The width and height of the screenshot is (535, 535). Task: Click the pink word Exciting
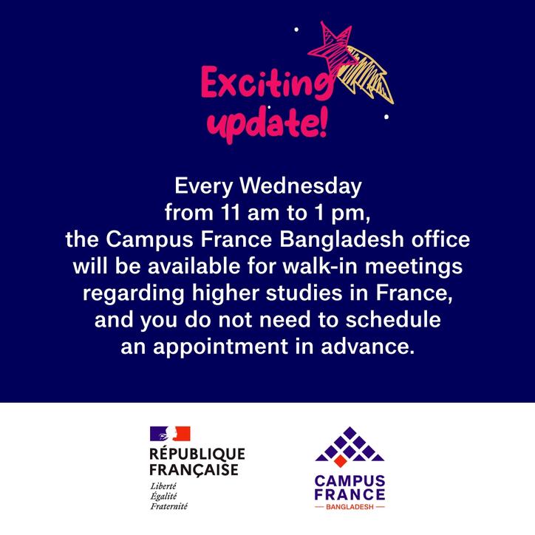(267, 83)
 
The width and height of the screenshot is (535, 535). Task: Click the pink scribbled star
(332, 46)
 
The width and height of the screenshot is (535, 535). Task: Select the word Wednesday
(300, 186)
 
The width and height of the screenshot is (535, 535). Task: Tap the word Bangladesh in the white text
(342, 239)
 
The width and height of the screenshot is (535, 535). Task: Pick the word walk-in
(320, 266)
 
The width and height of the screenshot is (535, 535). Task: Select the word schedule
(393, 320)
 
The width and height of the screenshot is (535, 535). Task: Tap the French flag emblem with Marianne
(170, 433)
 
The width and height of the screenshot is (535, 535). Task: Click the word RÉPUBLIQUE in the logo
(197, 454)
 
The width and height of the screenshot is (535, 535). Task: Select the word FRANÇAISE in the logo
(194, 470)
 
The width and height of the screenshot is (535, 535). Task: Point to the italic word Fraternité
(169, 506)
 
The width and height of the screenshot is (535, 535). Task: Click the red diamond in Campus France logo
(340, 461)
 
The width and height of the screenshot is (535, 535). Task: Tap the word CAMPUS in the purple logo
(350, 481)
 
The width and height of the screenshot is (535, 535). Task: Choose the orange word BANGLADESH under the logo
(350, 507)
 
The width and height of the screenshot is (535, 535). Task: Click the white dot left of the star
(296, 30)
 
